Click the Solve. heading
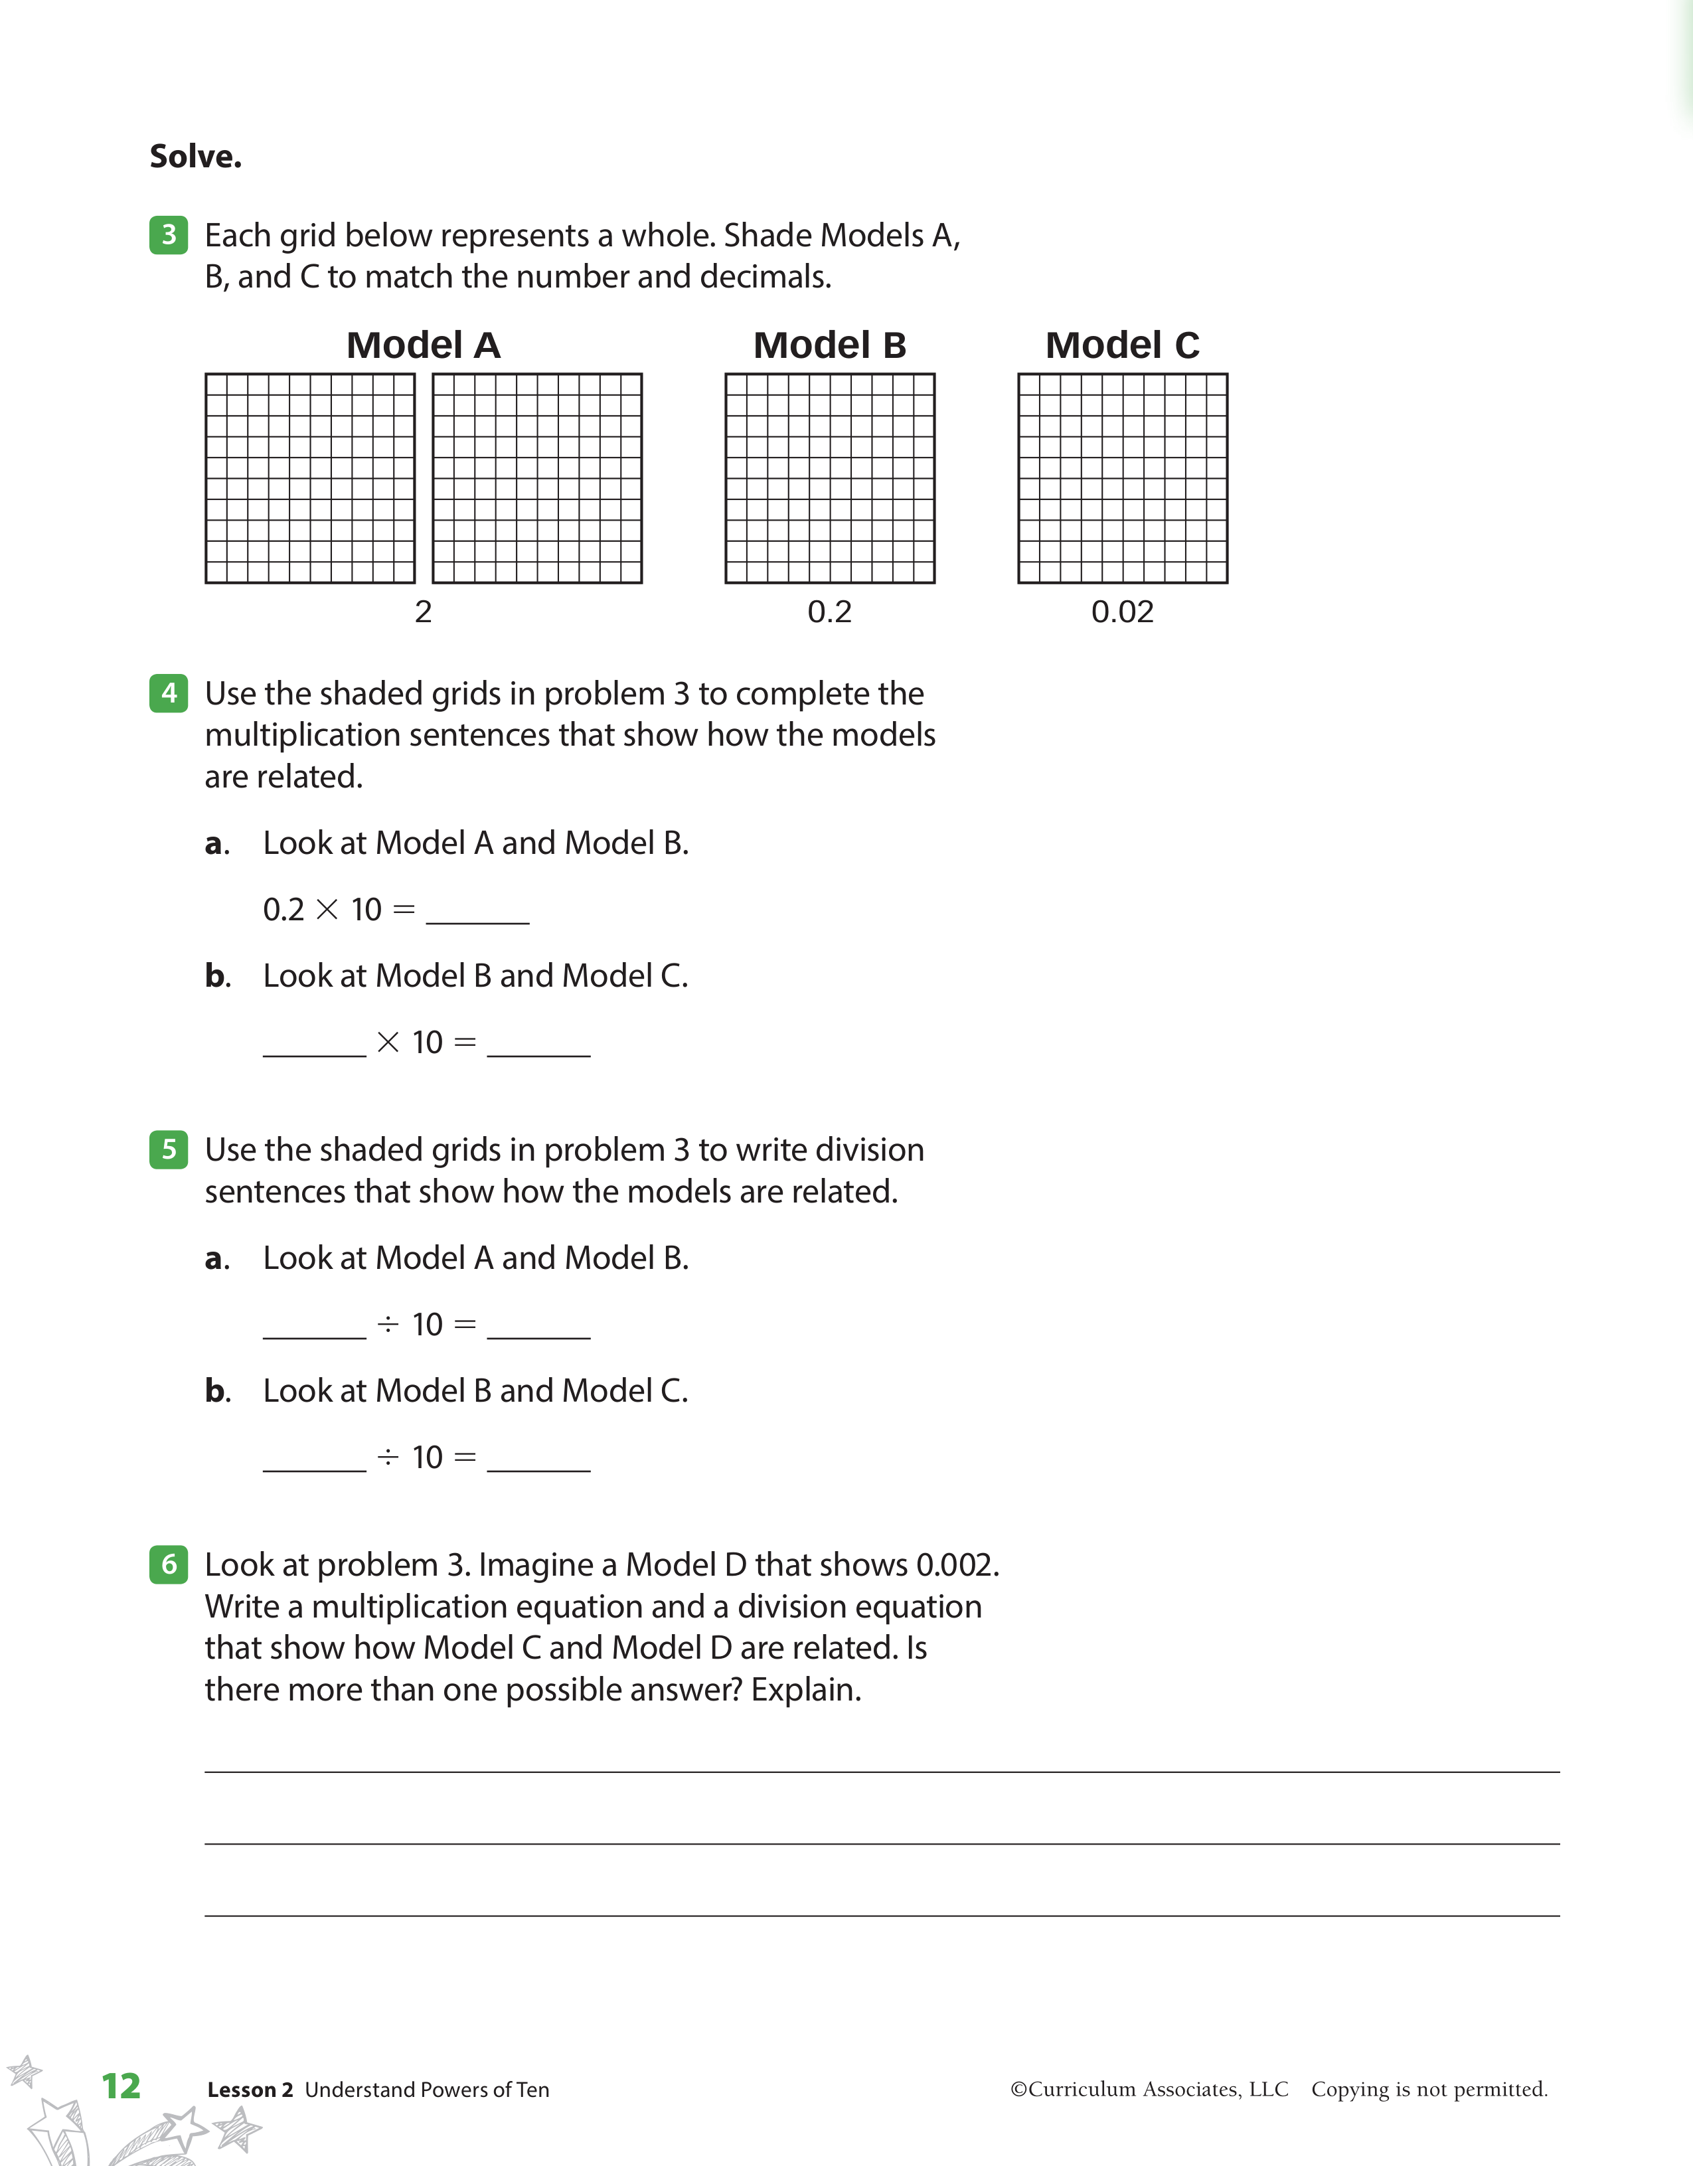point(195,157)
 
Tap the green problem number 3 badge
point(169,235)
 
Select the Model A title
point(424,345)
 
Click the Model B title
point(829,345)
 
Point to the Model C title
point(1122,345)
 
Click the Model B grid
point(830,478)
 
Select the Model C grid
point(1123,478)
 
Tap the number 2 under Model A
point(424,612)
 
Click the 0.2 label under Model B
point(829,612)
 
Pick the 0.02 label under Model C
point(1122,612)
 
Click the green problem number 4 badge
point(169,693)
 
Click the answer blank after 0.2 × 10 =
point(477,912)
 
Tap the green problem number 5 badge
point(169,1149)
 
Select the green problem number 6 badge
point(169,1565)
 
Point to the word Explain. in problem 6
point(805,1690)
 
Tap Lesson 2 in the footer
point(250,2090)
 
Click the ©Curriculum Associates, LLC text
point(1149,2089)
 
